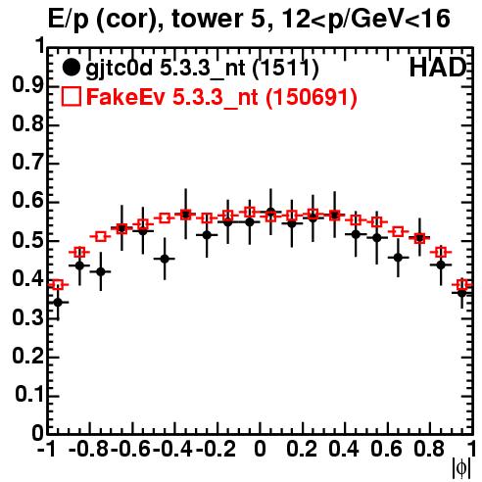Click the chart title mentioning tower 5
[249, 19]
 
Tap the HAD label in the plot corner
[438, 68]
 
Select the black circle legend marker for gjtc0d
[71, 68]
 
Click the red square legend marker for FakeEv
[71, 96]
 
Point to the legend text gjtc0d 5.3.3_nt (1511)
[202, 69]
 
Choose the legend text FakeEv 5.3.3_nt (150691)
[221, 97]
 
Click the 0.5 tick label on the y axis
[27, 240]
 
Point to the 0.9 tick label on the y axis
[27, 85]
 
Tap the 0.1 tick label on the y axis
[29, 395]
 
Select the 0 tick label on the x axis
[260, 449]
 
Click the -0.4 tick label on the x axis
[172, 449]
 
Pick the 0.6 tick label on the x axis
[386, 449]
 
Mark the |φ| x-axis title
[461, 469]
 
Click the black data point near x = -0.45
[165, 259]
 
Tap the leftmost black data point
[58, 303]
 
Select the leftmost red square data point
[58, 285]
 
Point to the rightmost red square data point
[462, 285]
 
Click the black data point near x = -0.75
[101, 271]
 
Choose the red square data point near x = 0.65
[398, 232]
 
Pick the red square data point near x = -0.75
[101, 236]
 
